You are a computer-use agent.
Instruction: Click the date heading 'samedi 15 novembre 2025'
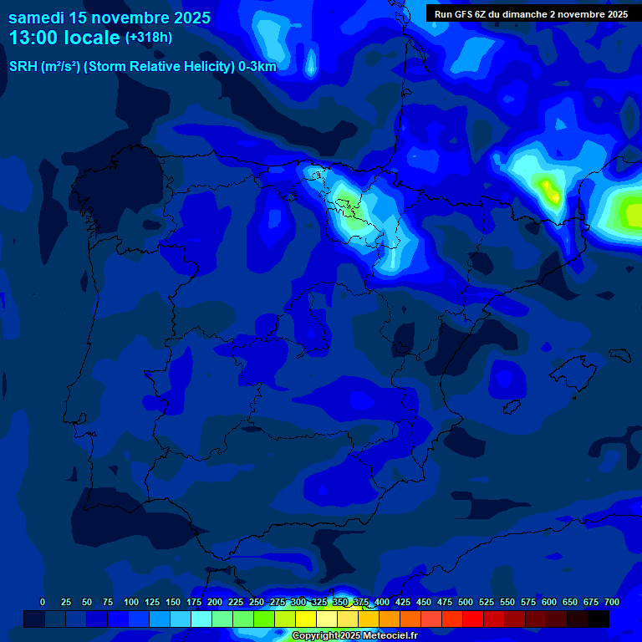110,18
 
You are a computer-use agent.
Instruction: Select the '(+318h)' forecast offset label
148,38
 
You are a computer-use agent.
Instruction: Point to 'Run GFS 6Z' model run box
532,14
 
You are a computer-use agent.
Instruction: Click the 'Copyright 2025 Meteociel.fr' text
354,636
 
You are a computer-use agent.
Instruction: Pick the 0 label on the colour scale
43,602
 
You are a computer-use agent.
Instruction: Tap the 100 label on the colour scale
131,602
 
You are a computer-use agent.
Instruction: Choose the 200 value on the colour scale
215,602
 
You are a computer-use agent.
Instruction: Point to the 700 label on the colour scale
612,602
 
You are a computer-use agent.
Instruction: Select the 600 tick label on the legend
549,602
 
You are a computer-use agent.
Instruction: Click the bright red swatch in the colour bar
473,619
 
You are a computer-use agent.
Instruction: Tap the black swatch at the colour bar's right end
599,619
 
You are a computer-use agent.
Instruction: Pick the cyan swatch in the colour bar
201,619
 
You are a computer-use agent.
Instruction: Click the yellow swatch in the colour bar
306,619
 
